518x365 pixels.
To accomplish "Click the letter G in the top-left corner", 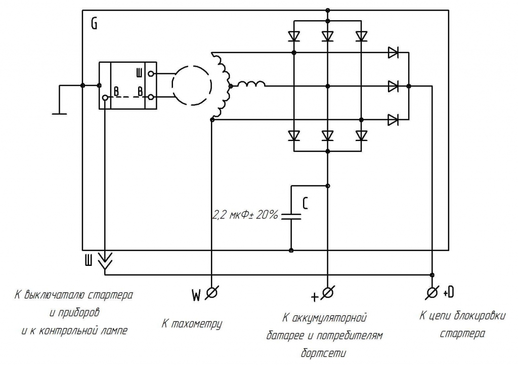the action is [x=94, y=24].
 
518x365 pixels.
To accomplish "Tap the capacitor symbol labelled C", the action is [x=291, y=216].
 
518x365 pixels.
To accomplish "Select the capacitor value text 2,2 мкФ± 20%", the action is [x=245, y=215].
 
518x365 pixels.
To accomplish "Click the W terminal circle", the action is [x=211, y=292].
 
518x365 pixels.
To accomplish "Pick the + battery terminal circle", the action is [x=327, y=292].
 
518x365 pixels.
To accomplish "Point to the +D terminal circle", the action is [x=432, y=292].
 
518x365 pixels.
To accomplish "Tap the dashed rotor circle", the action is [x=191, y=85].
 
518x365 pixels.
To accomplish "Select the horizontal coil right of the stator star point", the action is [x=251, y=84].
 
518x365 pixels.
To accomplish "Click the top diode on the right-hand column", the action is [x=393, y=53].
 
